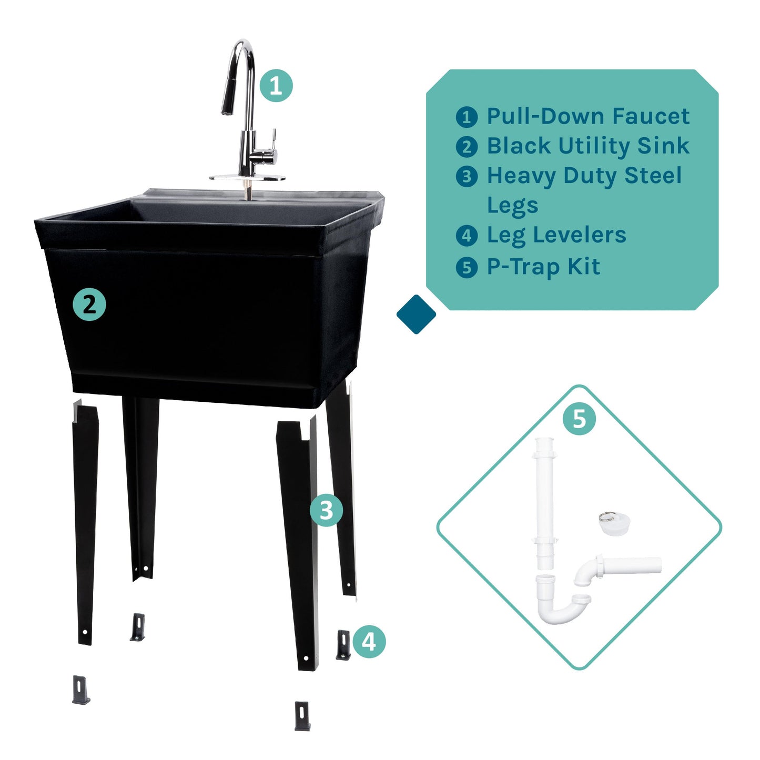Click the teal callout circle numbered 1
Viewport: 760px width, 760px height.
(276, 85)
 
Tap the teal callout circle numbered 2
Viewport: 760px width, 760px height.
(89, 305)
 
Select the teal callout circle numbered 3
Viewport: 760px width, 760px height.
(326, 510)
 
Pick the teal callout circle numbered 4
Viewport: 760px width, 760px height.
(369, 641)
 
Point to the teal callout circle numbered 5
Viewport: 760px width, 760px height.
(579, 419)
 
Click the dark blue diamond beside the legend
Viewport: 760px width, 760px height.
(416, 314)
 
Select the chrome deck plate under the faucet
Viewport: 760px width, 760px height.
(247, 178)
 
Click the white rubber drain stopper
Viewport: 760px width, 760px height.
(614, 524)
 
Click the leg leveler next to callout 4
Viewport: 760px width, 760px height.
(343, 644)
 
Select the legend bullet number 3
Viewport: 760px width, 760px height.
(467, 176)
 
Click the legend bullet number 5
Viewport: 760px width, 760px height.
(467, 267)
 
